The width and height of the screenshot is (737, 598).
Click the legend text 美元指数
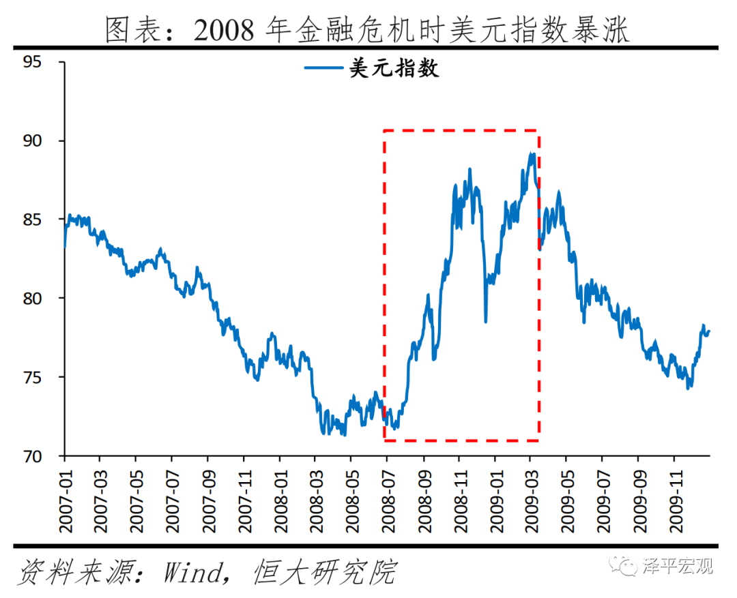coord(394,68)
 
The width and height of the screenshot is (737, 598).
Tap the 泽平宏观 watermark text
coord(676,565)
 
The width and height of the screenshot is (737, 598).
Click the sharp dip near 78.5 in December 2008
coord(486,321)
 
